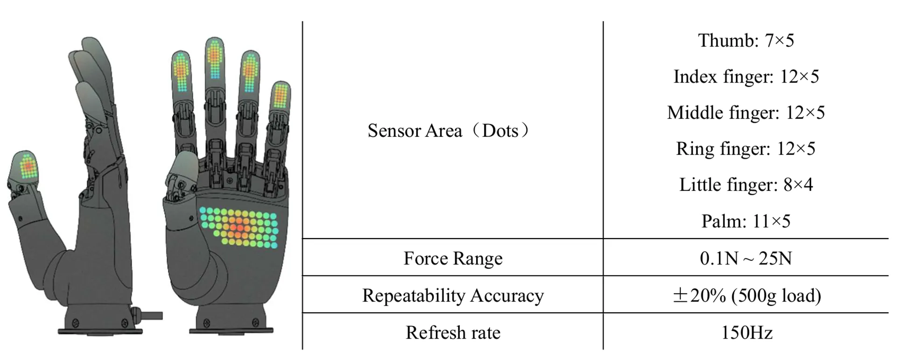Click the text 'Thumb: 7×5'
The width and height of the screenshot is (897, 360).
745,41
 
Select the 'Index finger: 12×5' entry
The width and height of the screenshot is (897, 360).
745,77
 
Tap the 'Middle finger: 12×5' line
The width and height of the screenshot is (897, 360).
745,113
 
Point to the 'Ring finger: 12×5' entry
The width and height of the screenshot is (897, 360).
745,148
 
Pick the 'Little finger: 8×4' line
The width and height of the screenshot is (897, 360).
745,184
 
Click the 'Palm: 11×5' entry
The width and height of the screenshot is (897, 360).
745,221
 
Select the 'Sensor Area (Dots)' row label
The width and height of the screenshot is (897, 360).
448,131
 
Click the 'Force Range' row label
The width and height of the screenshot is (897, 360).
453,258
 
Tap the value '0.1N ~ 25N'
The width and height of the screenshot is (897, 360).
745,258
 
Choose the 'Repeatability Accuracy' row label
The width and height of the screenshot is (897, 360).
453,296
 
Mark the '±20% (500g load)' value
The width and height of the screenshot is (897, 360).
746,296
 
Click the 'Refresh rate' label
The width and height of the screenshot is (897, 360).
453,332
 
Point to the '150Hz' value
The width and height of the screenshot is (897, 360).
746,332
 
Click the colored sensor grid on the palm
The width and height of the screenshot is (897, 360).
238,227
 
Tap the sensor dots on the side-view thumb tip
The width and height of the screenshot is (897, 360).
28,166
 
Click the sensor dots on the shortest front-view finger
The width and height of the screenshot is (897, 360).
280,95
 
